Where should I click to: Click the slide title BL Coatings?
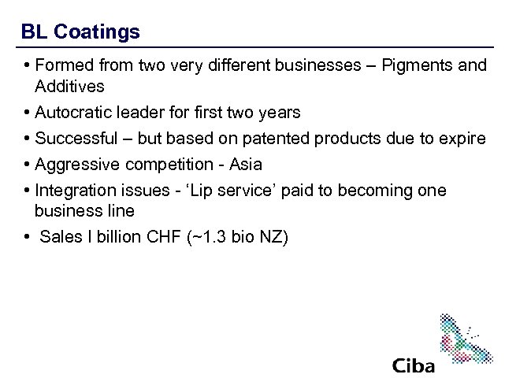(80, 32)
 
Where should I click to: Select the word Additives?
(69, 85)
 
